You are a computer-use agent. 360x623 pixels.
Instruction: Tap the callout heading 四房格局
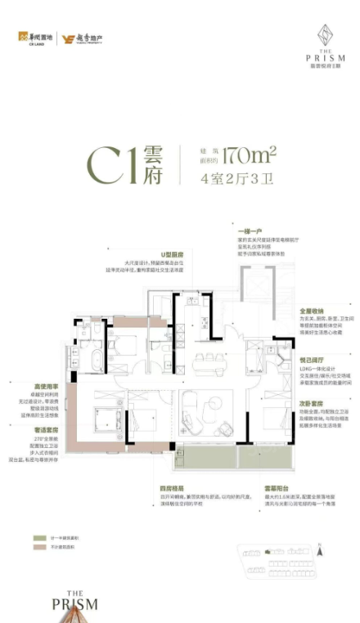pyautogui.click(x=170, y=489)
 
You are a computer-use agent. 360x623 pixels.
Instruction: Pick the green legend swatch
pyautogui.click(x=36, y=540)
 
